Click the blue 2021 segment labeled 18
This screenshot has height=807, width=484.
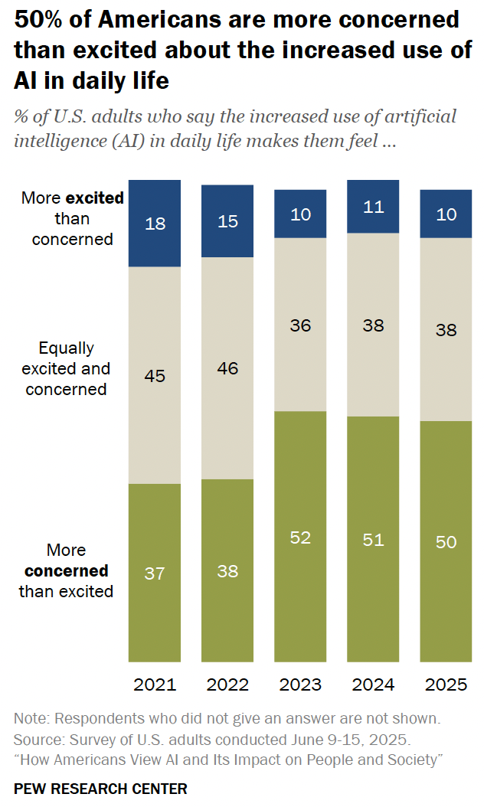coord(155,223)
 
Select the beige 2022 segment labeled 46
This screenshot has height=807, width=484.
coord(227,368)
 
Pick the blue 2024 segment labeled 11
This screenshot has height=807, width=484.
coord(374,207)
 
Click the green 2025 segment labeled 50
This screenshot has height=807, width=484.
coord(446,541)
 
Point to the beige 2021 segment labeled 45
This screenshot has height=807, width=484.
coord(155,375)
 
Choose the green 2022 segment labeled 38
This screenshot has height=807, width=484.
coord(227,570)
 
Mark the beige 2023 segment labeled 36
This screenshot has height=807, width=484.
coord(301,325)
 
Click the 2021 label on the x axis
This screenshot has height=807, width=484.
coord(155,684)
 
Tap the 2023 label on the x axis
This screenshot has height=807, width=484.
coord(301,684)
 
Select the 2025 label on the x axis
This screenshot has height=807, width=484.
coord(446,684)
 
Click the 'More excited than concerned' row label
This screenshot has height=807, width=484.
coord(72,218)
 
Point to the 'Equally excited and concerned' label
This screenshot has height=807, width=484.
coord(67,368)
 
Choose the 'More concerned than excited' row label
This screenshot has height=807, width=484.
coord(66,570)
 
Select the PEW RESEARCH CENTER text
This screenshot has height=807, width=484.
coord(100,788)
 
